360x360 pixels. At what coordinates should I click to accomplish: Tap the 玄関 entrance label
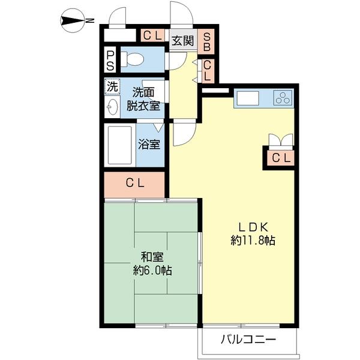tap(183, 41)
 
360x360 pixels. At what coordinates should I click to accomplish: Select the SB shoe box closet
tap(206, 41)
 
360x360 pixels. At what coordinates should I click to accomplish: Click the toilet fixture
tap(133, 59)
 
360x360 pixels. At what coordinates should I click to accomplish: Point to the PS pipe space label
tap(110, 61)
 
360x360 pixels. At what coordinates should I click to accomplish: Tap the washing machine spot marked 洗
tap(112, 87)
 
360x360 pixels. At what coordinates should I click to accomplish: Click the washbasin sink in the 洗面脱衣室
tap(112, 107)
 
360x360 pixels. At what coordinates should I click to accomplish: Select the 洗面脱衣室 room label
tap(143, 99)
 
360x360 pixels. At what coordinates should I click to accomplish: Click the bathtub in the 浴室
tap(120, 145)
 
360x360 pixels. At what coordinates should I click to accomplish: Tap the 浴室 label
tap(149, 145)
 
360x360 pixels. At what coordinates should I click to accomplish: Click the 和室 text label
tap(152, 257)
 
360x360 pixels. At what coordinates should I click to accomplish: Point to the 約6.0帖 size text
tap(152, 271)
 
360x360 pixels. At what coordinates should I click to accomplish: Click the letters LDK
tap(253, 227)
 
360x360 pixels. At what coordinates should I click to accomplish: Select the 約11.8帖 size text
tap(253, 241)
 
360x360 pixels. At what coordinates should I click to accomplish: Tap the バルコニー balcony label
tap(248, 340)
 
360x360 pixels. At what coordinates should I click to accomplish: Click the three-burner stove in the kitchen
tap(283, 97)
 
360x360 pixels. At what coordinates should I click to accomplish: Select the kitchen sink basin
tap(248, 98)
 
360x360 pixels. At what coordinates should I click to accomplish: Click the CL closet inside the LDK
tap(281, 158)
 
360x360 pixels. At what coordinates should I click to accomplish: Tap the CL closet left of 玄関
tap(152, 35)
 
